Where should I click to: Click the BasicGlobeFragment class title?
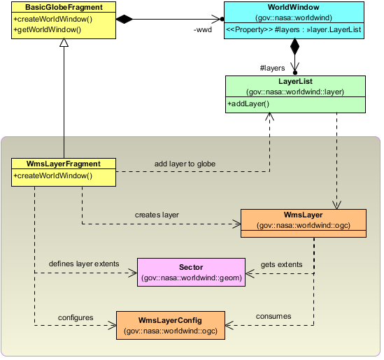click(64, 8)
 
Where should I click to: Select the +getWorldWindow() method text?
click(48, 29)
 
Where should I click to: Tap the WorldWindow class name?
click(293, 7)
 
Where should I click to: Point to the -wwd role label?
click(203, 30)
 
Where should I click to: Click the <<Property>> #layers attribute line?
click(293, 29)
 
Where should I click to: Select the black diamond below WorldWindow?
click(294, 47)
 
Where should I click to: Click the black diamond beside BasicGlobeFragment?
click(125, 19)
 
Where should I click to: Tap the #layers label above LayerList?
click(272, 68)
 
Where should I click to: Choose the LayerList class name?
click(295, 81)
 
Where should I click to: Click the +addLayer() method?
click(248, 103)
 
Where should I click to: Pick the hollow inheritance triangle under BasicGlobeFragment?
click(64, 43)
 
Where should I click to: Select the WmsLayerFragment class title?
click(64, 164)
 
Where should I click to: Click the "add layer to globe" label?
click(185, 164)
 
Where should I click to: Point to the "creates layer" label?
click(157, 215)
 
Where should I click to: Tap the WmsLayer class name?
click(303, 215)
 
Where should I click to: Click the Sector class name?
click(191, 267)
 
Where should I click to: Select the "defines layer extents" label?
click(84, 264)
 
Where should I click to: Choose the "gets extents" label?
click(281, 264)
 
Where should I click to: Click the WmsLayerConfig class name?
click(170, 320)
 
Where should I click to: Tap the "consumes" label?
click(273, 316)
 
